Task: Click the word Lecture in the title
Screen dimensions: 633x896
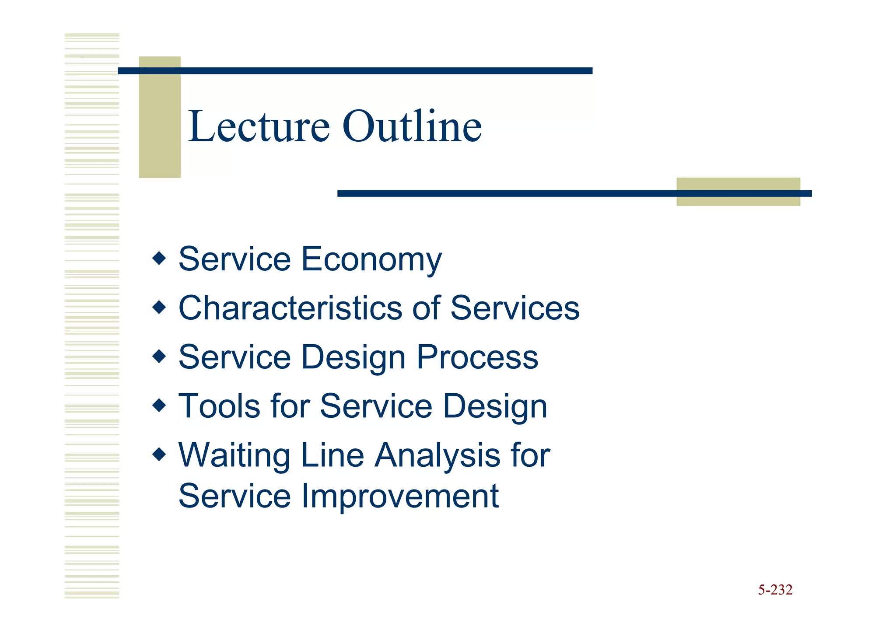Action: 258,127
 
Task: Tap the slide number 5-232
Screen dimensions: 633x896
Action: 775,590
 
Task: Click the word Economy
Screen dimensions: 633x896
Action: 371,259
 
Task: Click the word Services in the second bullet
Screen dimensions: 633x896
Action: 514,308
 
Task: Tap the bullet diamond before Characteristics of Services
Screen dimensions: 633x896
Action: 159,307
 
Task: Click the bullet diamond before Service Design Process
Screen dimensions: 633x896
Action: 159,356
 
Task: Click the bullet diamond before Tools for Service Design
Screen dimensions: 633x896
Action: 159,405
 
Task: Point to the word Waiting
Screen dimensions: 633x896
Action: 234,456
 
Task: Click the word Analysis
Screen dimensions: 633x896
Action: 437,456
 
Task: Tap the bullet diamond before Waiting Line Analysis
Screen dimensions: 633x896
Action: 159,454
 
